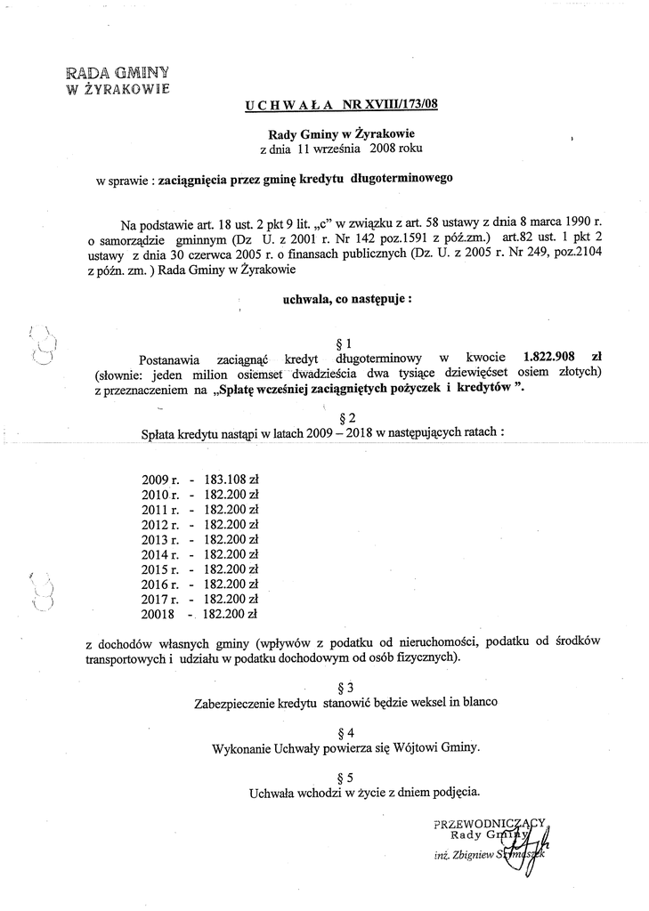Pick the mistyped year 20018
point(159,614)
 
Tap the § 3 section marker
point(347,687)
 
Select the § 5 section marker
point(347,776)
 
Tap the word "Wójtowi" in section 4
point(417,747)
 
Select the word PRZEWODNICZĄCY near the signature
point(487,823)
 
